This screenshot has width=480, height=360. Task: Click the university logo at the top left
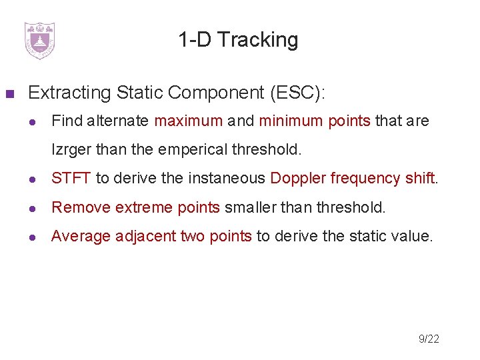39,40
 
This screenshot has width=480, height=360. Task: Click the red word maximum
188,121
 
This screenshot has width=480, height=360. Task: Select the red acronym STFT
71,179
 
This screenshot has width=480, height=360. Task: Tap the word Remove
81,207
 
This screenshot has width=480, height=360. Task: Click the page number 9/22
429,339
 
